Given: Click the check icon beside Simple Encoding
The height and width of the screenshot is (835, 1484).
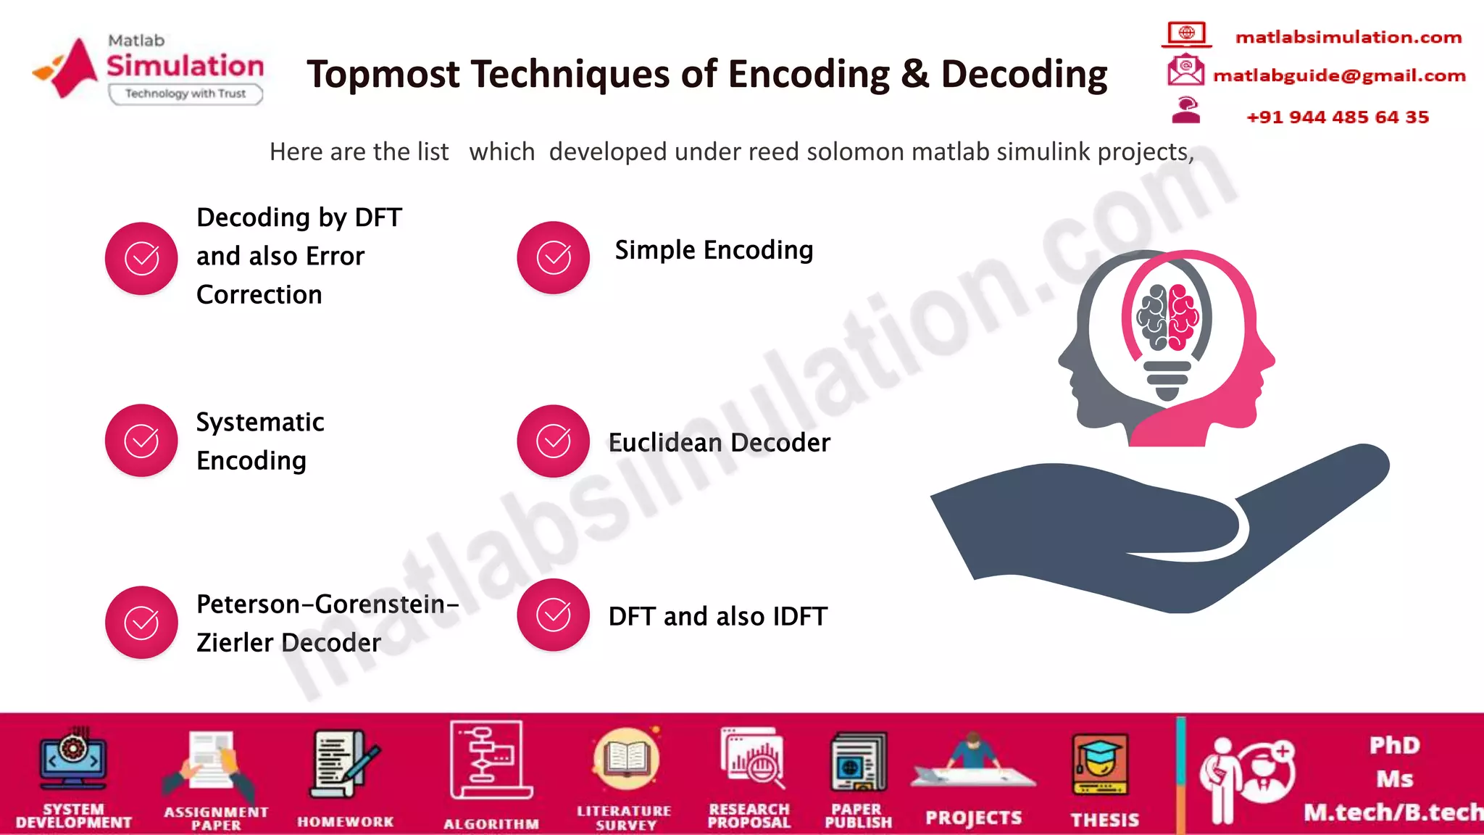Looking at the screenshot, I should pyautogui.click(x=554, y=257).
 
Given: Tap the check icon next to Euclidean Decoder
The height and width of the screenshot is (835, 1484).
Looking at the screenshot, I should pyautogui.click(x=554, y=441).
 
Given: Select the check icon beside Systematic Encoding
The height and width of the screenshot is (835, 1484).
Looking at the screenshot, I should pyautogui.click(x=141, y=440).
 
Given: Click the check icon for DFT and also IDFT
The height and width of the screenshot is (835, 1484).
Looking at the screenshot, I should pyautogui.click(x=554, y=615).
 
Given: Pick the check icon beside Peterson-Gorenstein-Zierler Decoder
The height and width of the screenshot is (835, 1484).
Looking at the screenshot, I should pyautogui.click(x=141, y=622).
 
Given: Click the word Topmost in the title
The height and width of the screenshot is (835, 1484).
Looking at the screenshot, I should pyautogui.click(x=383, y=74).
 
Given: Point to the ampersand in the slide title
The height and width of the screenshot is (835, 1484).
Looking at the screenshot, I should pyautogui.click(x=915, y=74).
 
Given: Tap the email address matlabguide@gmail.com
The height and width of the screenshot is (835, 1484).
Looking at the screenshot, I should pyautogui.click(x=1339, y=75).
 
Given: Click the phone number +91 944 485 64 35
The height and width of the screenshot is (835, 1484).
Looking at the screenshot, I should pyautogui.click(x=1338, y=117).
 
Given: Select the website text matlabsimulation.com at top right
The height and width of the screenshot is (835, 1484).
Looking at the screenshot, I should pyautogui.click(x=1348, y=37).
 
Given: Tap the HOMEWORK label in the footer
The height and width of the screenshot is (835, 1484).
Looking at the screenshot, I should pyautogui.click(x=346, y=822).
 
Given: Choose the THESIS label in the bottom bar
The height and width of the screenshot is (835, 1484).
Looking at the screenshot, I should pyautogui.click(x=1105, y=820).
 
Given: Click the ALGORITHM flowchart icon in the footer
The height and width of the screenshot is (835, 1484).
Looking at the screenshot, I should pyautogui.click(x=491, y=759).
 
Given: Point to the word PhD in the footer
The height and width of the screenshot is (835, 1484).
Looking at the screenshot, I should pyautogui.click(x=1394, y=745).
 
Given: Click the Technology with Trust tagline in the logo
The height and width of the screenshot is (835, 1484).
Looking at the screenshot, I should pyautogui.click(x=185, y=94).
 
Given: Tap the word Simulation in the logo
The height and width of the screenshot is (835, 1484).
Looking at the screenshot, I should pyautogui.click(x=185, y=65).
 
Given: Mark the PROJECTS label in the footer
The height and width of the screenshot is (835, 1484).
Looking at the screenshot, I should pyautogui.click(x=973, y=818).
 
